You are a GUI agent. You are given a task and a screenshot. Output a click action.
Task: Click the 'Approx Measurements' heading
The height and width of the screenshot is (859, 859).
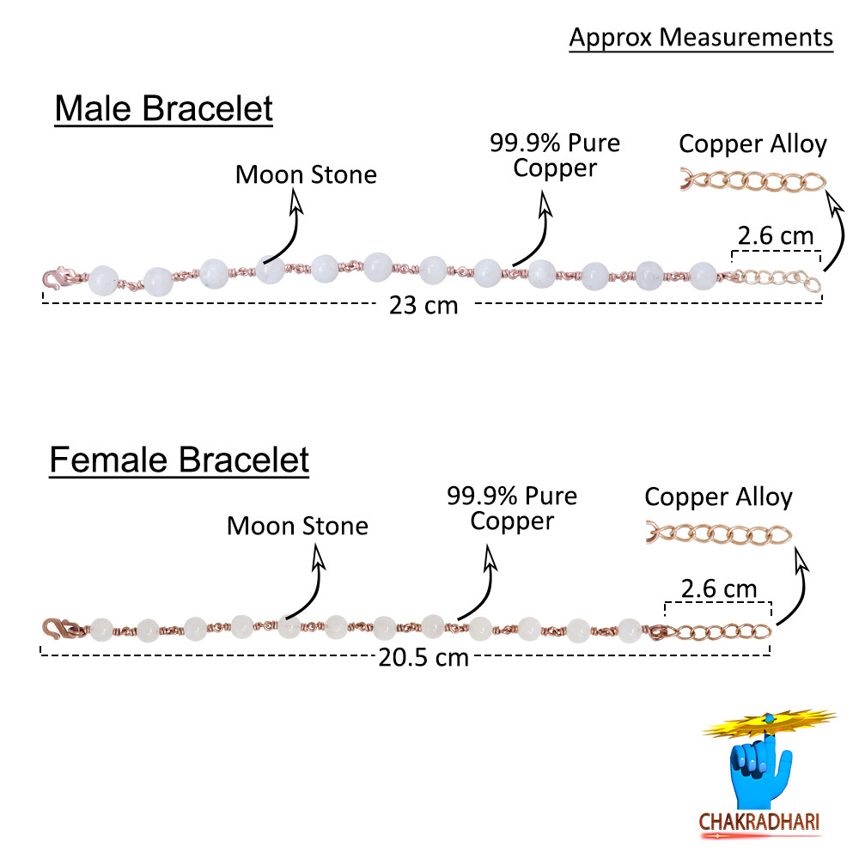click(x=701, y=39)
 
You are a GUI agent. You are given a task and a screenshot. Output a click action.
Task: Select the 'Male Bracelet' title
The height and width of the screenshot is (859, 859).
click(x=164, y=108)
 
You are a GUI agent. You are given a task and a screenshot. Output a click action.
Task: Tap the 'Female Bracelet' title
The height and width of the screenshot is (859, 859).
click(x=180, y=460)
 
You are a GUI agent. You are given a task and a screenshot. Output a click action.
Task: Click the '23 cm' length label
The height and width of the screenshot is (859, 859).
click(x=423, y=305)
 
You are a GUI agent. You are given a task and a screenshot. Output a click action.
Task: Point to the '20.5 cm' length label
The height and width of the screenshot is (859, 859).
click(x=423, y=657)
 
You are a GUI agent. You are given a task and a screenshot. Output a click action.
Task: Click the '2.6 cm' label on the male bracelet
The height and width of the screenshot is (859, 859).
click(x=775, y=235)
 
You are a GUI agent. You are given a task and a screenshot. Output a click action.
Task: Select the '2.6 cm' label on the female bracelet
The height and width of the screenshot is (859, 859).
click(x=719, y=588)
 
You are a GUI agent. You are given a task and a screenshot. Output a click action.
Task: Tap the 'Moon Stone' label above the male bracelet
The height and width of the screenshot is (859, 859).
click(x=307, y=174)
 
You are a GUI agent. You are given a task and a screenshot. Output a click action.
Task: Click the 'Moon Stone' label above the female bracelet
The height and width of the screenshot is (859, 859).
click(x=297, y=526)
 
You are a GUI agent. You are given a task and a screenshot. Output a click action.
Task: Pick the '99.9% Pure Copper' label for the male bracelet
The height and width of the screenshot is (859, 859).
click(x=555, y=155)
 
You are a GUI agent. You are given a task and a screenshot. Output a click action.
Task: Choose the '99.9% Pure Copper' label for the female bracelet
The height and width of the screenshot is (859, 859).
click(x=512, y=509)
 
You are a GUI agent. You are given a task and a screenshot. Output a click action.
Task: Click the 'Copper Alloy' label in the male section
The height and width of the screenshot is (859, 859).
click(x=752, y=144)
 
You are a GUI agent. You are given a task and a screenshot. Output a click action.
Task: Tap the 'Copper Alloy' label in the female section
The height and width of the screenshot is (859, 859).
click(x=718, y=497)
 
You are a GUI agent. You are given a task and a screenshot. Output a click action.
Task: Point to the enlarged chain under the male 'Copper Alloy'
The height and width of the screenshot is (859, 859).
click(x=753, y=181)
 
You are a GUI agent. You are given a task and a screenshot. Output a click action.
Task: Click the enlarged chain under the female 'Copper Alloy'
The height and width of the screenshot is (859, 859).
click(x=719, y=534)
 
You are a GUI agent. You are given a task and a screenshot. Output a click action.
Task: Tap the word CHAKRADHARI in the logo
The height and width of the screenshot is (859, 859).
click(x=759, y=822)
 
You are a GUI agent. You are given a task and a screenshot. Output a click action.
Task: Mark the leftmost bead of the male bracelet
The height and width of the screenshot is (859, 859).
click(x=104, y=280)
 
